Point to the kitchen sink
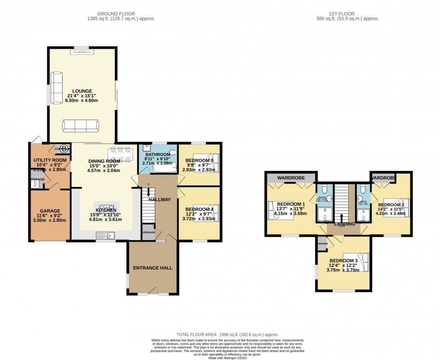click(106, 234)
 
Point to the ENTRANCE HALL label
click(153, 268)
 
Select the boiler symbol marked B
click(64, 148)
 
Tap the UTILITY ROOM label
click(50, 160)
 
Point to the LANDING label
click(344, 224)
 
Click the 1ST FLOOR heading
click(347, 14)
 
